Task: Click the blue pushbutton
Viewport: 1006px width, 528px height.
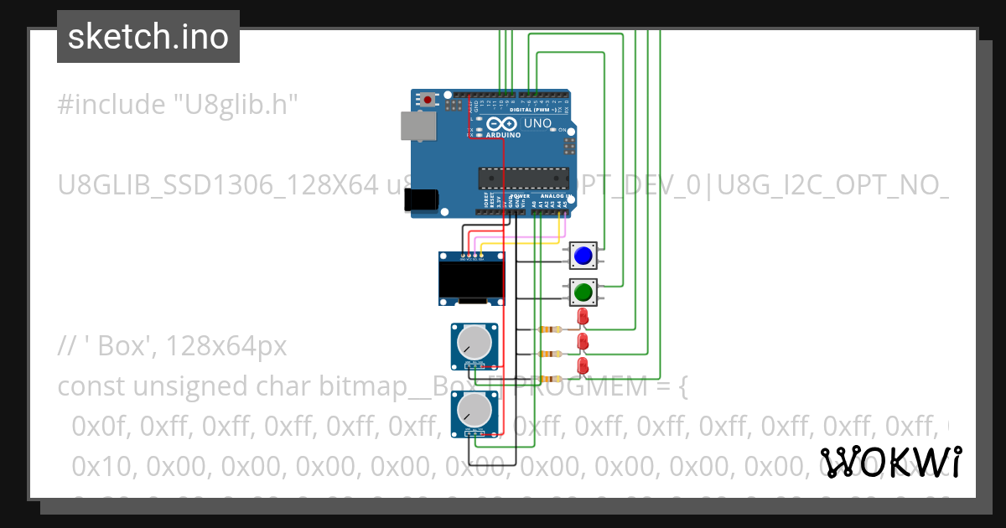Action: coord(583,256)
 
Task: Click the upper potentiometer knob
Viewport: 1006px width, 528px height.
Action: coord(474,343)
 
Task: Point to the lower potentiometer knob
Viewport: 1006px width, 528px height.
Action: coord(474,411)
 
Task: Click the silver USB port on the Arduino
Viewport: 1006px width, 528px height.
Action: coord(415,126)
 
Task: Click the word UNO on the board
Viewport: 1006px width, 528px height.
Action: coord(537,124)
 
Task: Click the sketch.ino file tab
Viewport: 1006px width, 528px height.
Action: coord(148,37)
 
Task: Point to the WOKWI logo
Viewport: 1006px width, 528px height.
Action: coord(890,462)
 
